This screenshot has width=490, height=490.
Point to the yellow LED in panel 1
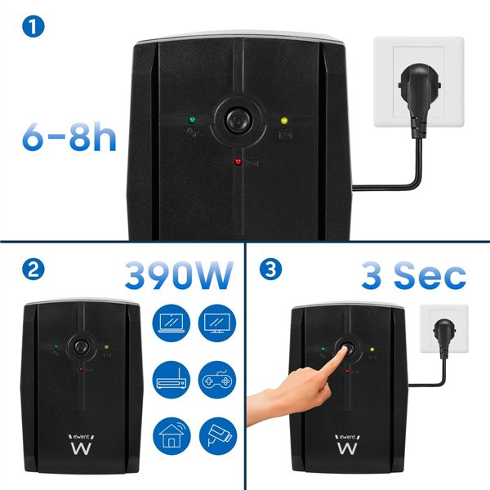coord(284,121)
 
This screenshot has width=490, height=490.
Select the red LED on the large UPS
coord(238,161)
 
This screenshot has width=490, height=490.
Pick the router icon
coord(172,378)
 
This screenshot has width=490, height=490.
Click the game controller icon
coord(216,378)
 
